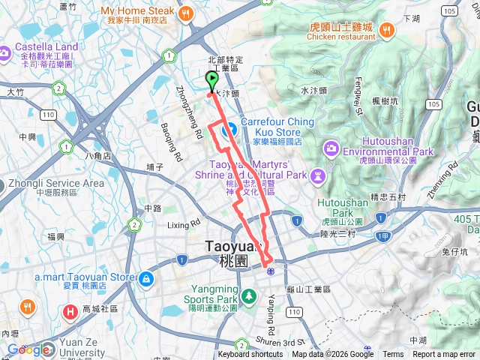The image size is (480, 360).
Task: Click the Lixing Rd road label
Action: coord(184,223)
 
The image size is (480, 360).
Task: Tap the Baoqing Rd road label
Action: coord(172,146)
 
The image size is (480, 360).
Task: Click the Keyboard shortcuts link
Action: coord(250,355)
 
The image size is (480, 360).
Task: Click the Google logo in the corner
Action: coord(28,350)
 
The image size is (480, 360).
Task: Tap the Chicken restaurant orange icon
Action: coord(386,30)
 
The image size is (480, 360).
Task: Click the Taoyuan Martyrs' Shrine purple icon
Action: coord(318,175)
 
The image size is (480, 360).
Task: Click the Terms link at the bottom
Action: coord(393,355)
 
